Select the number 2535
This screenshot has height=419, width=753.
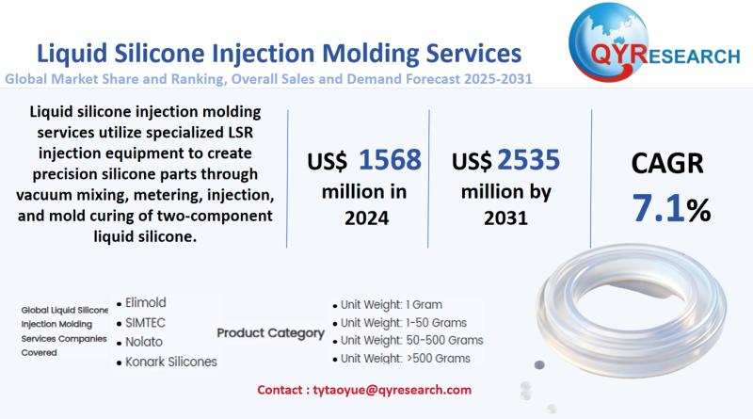[537, 159]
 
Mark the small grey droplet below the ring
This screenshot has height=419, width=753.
[539, 363]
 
